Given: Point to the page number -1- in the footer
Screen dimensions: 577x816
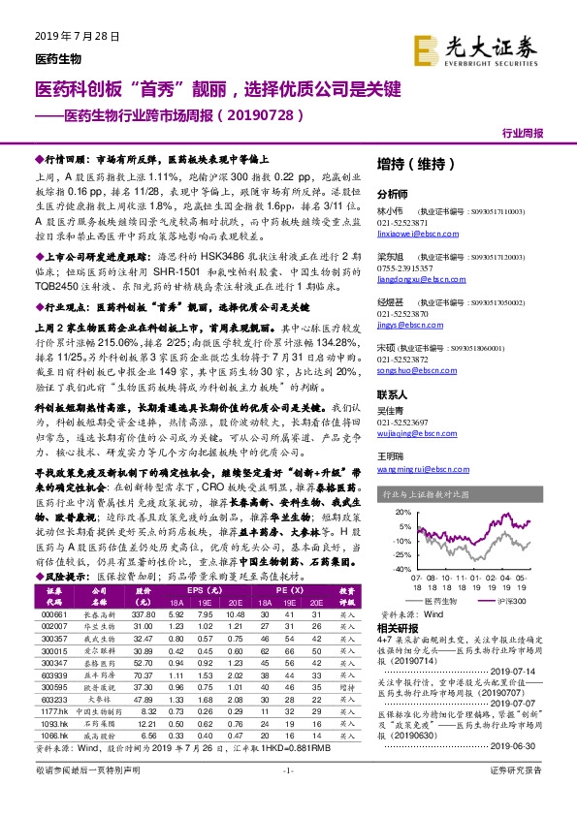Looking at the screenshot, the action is click(288, 797).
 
